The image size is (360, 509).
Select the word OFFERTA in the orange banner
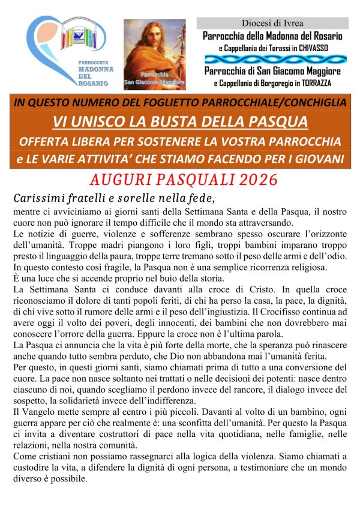click(x=43, y=142)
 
